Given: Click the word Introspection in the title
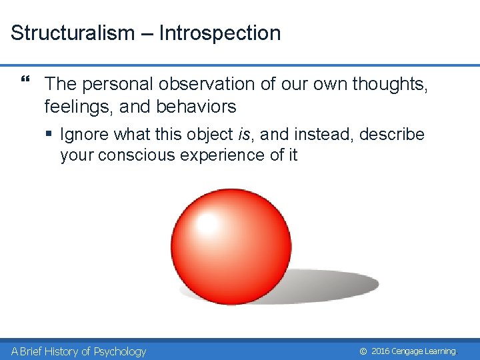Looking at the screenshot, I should click(x=219, y=33).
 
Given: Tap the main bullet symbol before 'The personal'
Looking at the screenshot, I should click(x=25, y=83).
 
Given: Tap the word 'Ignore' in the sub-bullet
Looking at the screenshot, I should click(x=85, y=135).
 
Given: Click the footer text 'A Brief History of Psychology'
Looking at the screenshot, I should click(x=79, y=351).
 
